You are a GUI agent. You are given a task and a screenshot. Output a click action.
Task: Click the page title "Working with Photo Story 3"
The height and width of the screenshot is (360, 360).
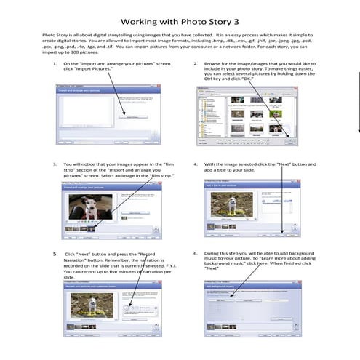tap(180, 22)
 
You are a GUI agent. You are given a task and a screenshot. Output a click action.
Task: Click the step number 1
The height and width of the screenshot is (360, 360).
tap(56, 64)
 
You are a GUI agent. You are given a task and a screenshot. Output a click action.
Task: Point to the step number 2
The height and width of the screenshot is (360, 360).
tap(196, 64)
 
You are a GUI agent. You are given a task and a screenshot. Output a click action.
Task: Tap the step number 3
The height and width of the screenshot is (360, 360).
tap(56, 164)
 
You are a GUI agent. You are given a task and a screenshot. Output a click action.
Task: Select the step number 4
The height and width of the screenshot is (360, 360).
tap(196, 164)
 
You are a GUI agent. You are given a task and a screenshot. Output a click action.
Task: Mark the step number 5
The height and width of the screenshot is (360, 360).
tap(55, 254)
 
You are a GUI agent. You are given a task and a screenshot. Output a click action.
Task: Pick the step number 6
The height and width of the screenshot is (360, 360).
tap(196, 254)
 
